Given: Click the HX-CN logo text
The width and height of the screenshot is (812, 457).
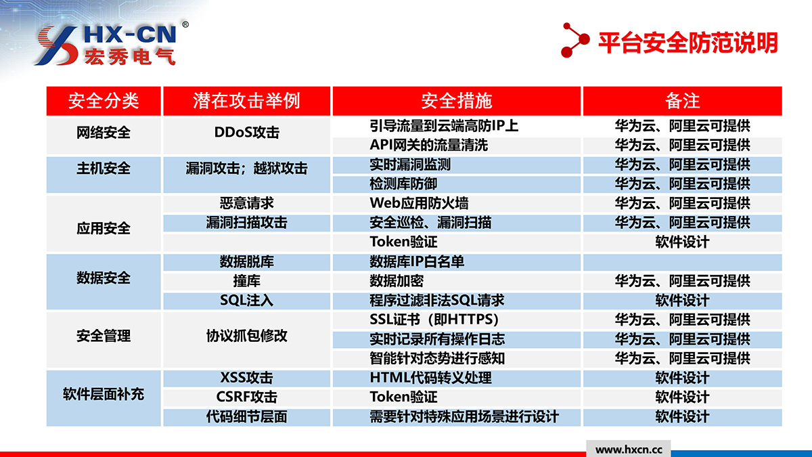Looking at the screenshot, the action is click(x=130, y=35).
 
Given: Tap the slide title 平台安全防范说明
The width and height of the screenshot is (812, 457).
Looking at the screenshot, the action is click(x=687, y=43).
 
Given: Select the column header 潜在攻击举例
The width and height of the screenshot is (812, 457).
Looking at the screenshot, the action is click(x=246, y=100).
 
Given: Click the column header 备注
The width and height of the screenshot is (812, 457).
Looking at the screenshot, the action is click(x=682, y=100).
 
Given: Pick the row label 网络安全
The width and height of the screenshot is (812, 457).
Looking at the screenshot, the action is click(x=104, y=133).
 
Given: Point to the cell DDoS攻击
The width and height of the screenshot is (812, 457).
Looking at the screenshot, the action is click(x=246, y=133).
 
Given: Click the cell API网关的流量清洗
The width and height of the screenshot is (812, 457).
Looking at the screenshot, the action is click(x=428, y=145).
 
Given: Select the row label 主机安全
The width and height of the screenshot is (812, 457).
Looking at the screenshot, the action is click(x=104, y=169).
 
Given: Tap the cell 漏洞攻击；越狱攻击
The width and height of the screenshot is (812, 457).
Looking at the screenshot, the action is click(x=246, y=169).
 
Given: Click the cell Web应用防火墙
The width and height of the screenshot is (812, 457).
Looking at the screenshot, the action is click(x=419, y=203).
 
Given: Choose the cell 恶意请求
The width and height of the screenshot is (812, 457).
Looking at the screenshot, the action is click(x=246, y=203).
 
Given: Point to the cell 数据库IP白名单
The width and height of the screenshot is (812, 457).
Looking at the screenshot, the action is click(x=417, y=261).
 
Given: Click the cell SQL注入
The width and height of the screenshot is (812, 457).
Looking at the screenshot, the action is click(x=246, y=301).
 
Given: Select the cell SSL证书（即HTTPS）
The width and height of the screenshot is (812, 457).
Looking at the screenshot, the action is click(x=434, y=320).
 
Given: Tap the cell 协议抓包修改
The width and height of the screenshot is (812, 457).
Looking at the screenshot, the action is click(x=246, y=336).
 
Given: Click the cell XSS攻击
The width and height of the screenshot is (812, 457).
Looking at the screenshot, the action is click(x=246, y=378).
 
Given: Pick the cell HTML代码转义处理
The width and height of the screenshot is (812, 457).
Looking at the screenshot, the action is click(x=430, y=378).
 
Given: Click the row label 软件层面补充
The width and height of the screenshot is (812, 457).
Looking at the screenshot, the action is click(x=104, y=394).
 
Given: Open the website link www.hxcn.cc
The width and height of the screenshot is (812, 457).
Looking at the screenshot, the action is click(x=629, y=450).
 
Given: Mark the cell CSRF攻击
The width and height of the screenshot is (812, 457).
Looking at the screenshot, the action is click(x=246, y=397).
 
